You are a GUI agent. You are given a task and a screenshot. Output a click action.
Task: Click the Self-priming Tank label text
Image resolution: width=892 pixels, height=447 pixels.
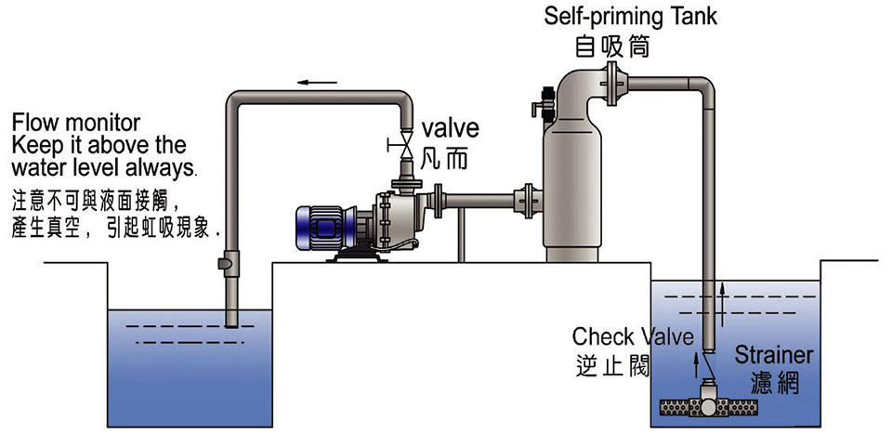(631, 16)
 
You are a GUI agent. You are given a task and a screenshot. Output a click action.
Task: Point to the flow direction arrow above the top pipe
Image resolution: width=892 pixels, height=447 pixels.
(317, 83)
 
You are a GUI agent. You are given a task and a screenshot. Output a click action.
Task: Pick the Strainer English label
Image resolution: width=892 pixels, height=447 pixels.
(774, 355)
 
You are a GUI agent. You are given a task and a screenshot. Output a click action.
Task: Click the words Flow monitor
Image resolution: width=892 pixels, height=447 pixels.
(76, 123)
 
